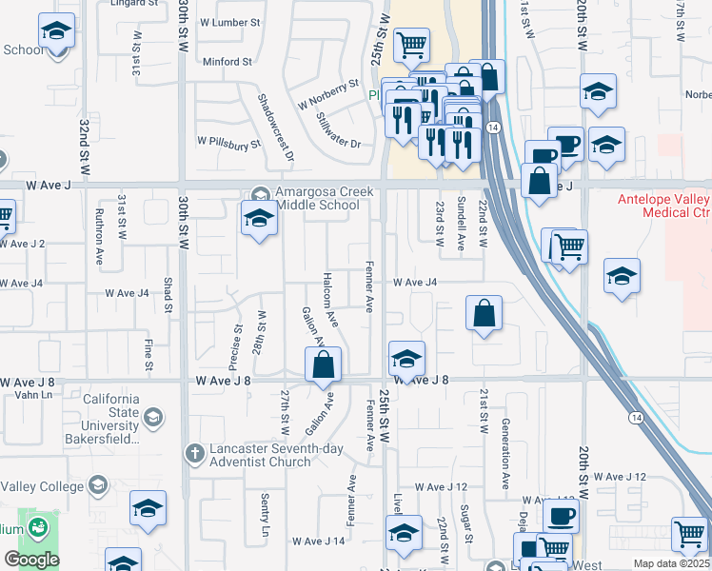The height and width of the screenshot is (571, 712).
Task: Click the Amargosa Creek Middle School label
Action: pos(318,197)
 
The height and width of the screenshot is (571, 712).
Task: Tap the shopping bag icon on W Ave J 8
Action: pos(324,364)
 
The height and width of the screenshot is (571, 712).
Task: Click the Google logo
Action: pos(31,560)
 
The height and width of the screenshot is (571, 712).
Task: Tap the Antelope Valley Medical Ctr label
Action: pos(663,206)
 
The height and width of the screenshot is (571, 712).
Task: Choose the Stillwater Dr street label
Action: pos(339,131)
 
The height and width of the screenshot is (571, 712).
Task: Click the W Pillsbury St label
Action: pos(228,143)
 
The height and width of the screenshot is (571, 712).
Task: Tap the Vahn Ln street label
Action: pos(32,395)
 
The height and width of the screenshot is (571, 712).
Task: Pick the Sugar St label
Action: pos(466,524)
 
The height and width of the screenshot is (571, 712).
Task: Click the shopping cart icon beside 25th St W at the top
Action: pos(410,44)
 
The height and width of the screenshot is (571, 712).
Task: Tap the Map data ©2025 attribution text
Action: pos(672,563)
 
